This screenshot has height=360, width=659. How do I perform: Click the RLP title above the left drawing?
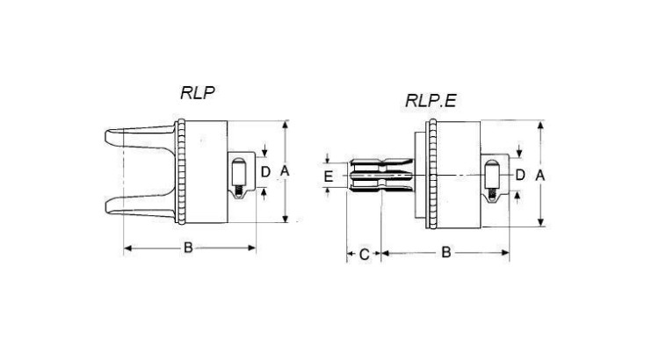(x=198, y=93)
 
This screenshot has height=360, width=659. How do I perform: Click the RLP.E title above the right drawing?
(x=431, y=101)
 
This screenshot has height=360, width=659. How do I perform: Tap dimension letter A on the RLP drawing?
(x=285, y=171)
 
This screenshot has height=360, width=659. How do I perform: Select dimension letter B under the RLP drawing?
(x=188, y=248)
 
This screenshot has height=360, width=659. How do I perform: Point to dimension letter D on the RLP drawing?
(x=265, y=171)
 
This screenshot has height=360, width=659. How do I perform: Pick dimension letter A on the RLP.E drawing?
(x=540, y=175)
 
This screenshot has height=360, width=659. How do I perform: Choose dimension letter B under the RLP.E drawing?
(x=445, y=253)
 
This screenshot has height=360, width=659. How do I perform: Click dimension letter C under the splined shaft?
(x=365, y=254)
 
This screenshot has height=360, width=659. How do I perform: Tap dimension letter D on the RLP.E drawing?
(x=520, y=175)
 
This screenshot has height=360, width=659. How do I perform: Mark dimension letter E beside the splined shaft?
(x=329, y=176)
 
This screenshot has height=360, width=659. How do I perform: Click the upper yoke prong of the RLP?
(x=140, y=137)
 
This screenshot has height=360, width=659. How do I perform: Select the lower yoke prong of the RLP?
(x=140, y=206)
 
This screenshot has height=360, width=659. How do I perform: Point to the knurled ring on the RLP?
(x=181, y=171)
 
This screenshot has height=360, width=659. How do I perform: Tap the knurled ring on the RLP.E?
(x=432, y=174)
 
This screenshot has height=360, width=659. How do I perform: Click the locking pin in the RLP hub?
(x=239, y=173)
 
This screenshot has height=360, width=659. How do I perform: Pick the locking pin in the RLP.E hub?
(x=491, y=175)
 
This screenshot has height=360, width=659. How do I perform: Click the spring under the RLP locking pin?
(x=239, y=192)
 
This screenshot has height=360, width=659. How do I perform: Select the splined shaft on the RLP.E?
(x=380, y=176)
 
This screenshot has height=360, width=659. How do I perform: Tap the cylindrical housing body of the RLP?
(x=206, y=171)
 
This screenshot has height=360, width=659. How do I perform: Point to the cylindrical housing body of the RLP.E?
(x=459, y=175)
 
